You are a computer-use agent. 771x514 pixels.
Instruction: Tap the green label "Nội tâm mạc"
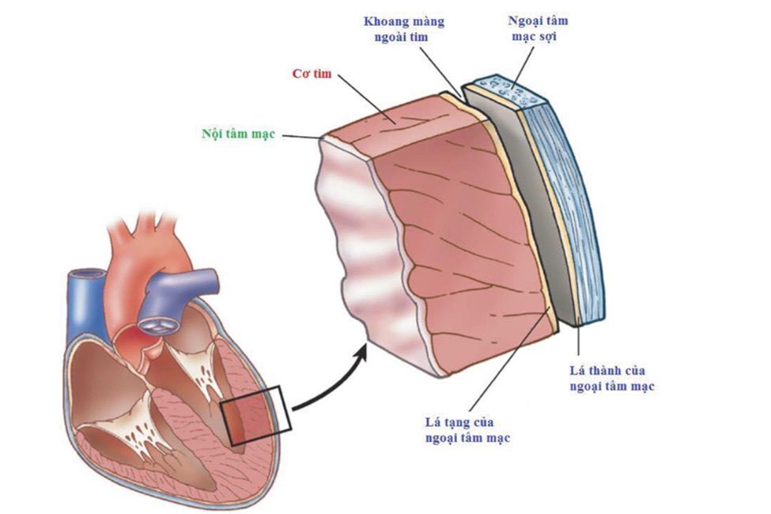[238, 134]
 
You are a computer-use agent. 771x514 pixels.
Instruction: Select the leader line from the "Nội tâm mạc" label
[300, 136]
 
